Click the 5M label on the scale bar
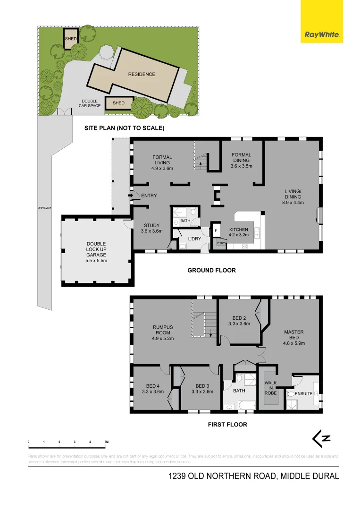tap(106, 442)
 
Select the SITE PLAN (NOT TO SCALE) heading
tap(124, 128)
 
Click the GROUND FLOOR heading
tap(211, 271)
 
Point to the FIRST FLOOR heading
tap(227, 425)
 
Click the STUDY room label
tap(151, 228)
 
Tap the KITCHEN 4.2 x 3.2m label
tap(238, 232)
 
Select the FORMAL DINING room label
tap(241, 160)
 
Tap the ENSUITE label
tap(304, 393)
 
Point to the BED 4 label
tap(152, 388)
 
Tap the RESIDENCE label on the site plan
tap(142, 74)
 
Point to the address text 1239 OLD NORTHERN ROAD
tap(222, 476)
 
